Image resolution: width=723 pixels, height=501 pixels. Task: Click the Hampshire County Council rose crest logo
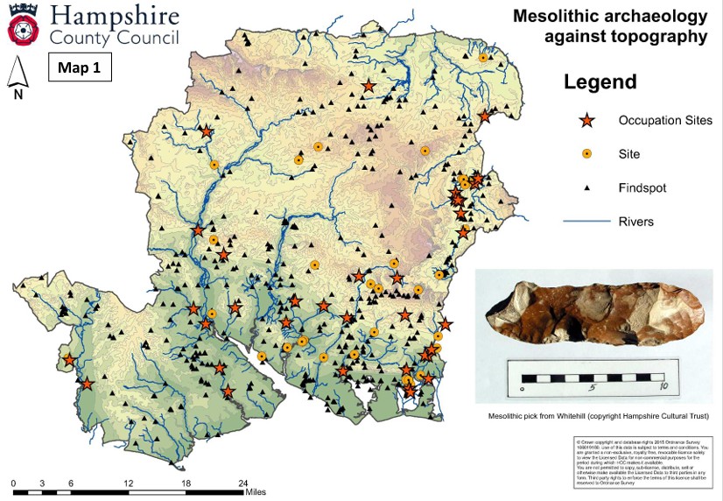pyautogui.click(x=23, y=25)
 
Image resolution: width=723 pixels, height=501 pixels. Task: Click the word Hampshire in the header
pyautogui.click(x=114, y=16)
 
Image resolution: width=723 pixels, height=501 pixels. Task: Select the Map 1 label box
pyautogui.click(x=79, y=67)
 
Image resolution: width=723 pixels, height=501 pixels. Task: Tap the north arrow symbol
pyautogui.click(x=18, y=74)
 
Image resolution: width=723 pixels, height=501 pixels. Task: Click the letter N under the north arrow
pyautogui.click(x=18, y=95)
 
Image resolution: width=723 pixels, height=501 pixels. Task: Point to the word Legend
pyautogui.click(x=600, y=83)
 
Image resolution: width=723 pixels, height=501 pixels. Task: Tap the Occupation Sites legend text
pyautogui.click(x=665, y=120)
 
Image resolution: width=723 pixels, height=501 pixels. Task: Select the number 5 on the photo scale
pyautogui.click(x=592, y=386)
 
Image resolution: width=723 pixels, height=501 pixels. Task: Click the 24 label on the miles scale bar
pyautogui.click(x=243, y=483)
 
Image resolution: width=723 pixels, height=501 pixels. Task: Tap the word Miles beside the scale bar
pyautogui.click(x=255, y=492)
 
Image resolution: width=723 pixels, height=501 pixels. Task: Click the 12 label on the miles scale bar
pyautogui.click(x=129, y=483)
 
